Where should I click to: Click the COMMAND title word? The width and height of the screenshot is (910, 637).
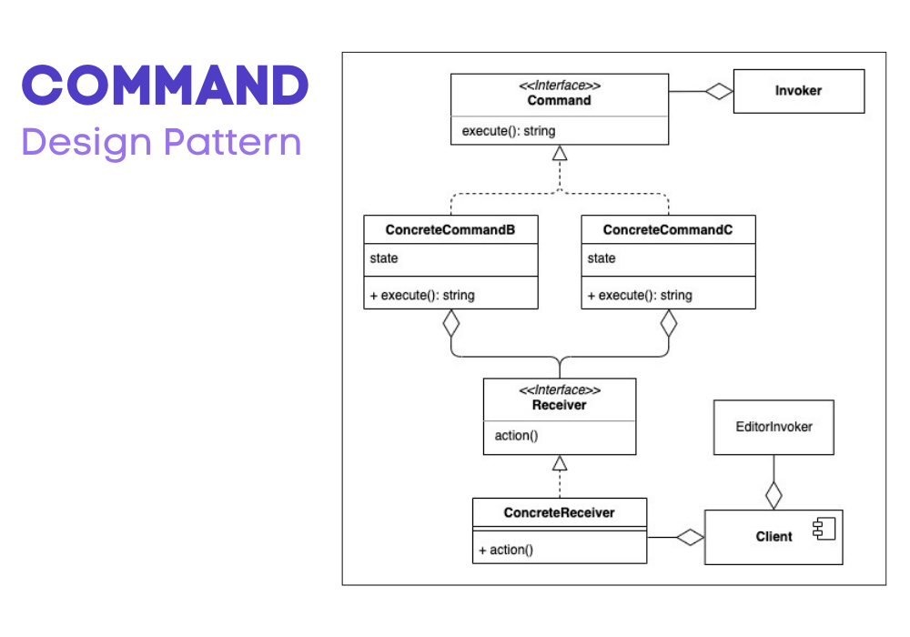coord(166,86)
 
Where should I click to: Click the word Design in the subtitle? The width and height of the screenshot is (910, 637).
coord(86,143)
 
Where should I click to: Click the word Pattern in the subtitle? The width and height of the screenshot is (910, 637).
coord(233,141)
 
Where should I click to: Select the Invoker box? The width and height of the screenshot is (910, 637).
coord(799,91)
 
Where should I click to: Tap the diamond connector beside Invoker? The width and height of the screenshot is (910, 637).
coord(719,91)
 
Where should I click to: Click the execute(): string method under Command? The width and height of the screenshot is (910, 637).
coord(509,131)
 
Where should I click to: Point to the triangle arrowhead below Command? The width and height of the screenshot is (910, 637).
coord(560,153)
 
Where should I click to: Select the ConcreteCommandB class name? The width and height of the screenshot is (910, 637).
coord(450,229)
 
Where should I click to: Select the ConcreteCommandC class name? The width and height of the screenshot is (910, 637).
coord(667,229)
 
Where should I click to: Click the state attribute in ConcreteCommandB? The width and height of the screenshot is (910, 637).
coord(384,258)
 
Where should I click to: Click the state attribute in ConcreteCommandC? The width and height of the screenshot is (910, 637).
coord(602,258)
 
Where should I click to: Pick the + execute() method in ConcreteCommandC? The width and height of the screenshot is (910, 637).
coord(640,295)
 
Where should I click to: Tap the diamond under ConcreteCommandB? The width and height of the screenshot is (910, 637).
coord(451,323)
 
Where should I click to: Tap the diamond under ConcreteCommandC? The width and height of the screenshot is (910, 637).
coord(669,323)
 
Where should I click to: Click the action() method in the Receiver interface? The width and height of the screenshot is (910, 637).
coord(516,436)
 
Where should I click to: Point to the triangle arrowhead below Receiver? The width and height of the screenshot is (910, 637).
coord(560,463)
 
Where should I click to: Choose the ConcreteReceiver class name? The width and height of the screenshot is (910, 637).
coord(559,513)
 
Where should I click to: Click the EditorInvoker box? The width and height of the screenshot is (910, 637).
coord(773,427)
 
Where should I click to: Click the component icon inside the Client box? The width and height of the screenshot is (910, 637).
coord(824,529)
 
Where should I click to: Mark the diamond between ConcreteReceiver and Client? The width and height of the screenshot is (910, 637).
coord(690,537)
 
